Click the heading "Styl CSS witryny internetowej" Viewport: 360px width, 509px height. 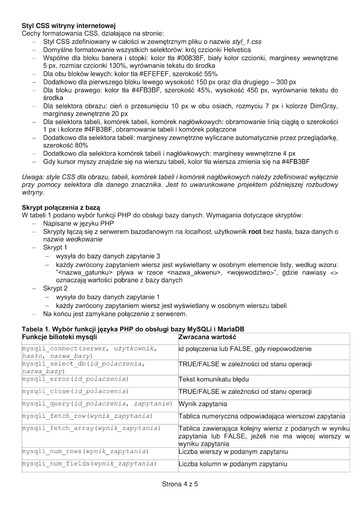[x=68, y=25]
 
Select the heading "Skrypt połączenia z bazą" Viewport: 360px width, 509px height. [x=61, y=208]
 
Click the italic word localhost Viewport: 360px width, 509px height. [x=198, y=232]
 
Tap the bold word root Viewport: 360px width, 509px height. [x=255, y=232]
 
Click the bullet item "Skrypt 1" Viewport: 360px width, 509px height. [x=55, y=248]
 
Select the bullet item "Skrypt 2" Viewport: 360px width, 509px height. [x=55, y=289]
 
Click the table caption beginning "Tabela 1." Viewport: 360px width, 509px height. [x=133, y=329]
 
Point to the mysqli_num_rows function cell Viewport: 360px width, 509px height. [x=85, y=451]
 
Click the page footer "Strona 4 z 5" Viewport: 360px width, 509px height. [x=180, y=485]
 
